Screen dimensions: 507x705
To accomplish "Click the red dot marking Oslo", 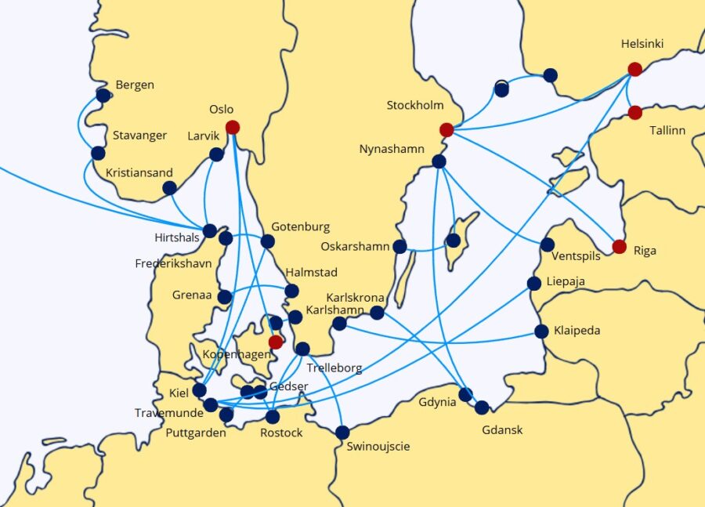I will coord(233,127).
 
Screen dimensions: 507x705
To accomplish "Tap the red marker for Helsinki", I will coord(635,69).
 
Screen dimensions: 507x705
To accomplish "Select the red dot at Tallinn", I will coord(635,113).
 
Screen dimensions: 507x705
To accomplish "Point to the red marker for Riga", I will coord(620,246).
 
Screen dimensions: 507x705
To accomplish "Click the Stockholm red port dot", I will coord(446,129).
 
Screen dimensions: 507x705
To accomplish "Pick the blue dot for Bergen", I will coord(103,95).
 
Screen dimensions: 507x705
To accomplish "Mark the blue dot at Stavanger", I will coord(98,153).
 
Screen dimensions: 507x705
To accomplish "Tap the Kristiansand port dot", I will coord(169,188).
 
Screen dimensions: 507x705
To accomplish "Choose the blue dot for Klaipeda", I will coord(541,331).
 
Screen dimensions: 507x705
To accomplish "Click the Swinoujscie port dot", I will coord(342,432).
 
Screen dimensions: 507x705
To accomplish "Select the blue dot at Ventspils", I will coord(548,244).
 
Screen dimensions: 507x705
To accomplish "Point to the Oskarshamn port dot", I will coord(399,247).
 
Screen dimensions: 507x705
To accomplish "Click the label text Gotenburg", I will coord(300,227).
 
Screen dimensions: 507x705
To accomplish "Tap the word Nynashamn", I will coord(392,149).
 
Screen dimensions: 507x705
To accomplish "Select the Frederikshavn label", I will coord(173,263).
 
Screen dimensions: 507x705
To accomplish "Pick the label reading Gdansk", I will coord(502,429).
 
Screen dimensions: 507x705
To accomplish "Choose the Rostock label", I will coord(281,433).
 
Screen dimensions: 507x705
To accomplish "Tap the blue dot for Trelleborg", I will coord(303,349).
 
